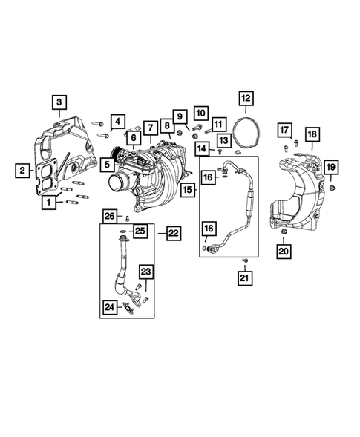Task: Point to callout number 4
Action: point(117,122)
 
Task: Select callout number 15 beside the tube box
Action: point(186,191)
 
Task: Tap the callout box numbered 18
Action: point(311,134)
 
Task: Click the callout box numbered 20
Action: point(284,252)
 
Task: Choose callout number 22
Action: point(172,233)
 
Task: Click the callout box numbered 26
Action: point(109,216)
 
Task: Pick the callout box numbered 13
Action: point(221,140)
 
